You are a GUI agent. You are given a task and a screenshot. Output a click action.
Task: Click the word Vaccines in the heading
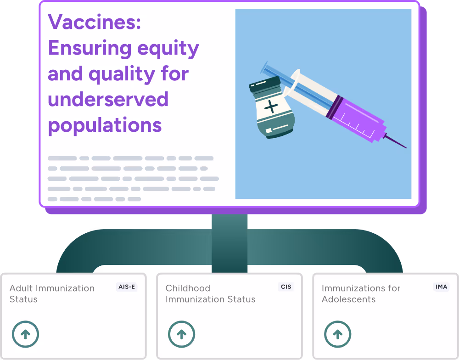pyautogui.click(x=94, y=22)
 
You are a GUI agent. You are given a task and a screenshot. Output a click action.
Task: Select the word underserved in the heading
pyautogui.click(x=108, y=100)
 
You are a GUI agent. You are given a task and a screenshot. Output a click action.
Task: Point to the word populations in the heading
pyautogui.click(x=105, y=125)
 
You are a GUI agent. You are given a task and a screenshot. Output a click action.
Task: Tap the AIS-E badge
pyautogui.click(x=127, y=287)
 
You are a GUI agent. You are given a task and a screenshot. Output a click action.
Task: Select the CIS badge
pyautogui.click(x=285, y=287)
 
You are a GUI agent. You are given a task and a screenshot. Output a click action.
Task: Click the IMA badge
pyautogui.click(x=441, y=287)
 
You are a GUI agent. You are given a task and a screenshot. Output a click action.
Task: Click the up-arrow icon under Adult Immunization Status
pyautogui.click(x=25, y=334)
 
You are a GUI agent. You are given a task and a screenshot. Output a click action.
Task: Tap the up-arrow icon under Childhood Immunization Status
pyautogui.click(x=181, y=334)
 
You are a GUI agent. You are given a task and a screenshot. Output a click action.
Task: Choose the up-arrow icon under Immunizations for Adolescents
pyautogui.click(x=337, y=334)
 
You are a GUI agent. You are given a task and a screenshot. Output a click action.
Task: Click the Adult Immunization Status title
pyautogui.click(x=52, y=293)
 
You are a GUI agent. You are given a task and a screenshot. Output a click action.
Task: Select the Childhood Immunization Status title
pyautogui.click(x=210, y=293)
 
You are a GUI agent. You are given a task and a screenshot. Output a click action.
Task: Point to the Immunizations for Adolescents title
pyautogui.click(x=361, y=293)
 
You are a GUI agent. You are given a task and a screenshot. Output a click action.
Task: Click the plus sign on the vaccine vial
pyautogui.click(x=271, y=107)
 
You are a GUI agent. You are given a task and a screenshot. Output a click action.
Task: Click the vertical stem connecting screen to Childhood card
pyautogui.click(x=229, y=243)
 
